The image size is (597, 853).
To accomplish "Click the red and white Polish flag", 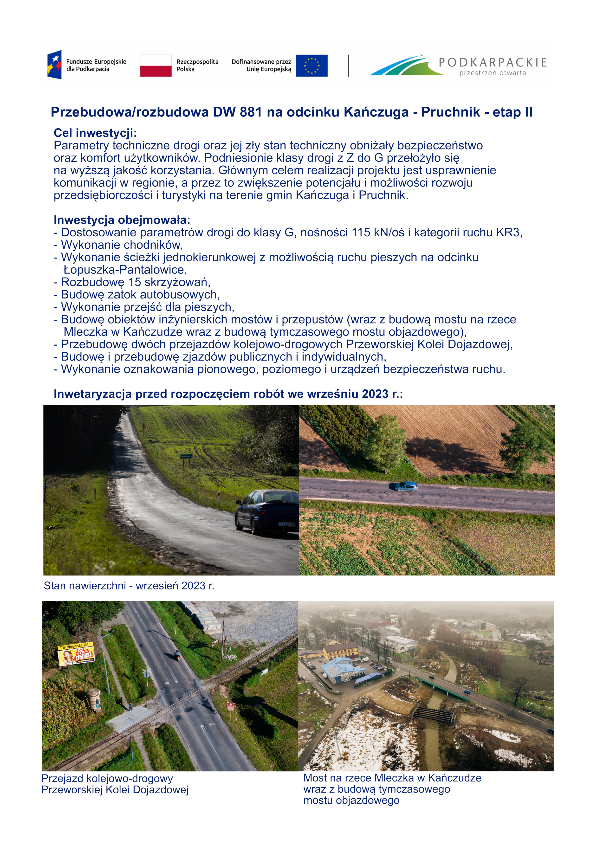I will [x=156, y=65].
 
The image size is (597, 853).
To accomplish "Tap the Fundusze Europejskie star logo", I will [x=54, y=65].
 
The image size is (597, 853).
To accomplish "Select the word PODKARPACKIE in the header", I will [x=492, y=62].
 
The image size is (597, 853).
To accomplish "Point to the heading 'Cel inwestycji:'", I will [x=95, y=133].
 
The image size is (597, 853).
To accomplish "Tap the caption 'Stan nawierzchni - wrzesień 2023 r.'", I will [x=129, y=586].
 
